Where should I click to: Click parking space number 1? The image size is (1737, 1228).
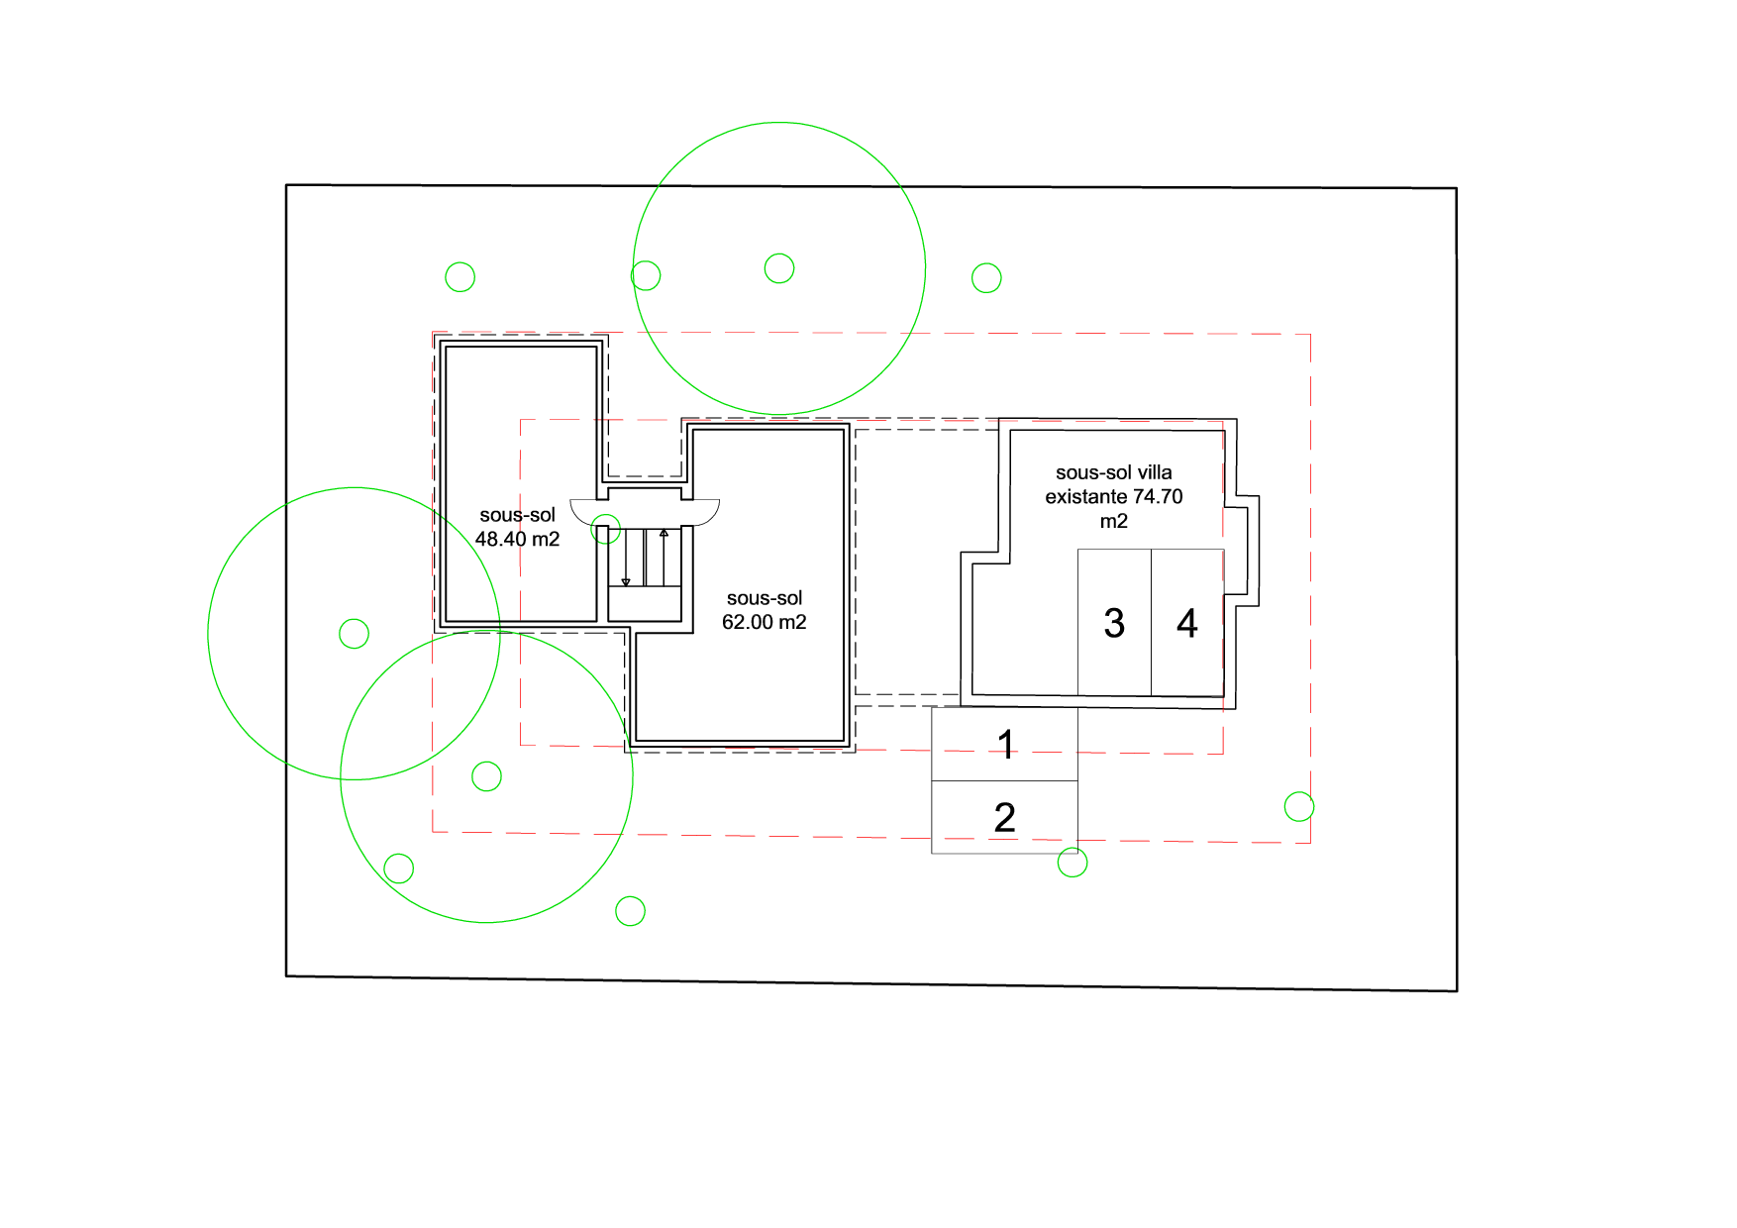[x=1006, y=744]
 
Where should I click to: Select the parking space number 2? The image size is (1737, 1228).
[x=1004, y=817]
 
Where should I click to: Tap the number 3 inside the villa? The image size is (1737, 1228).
[x=1114, y=623]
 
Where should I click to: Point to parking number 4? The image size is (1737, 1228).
[x=1187, y=623]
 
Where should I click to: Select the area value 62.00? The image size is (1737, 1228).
[x=748, y=622]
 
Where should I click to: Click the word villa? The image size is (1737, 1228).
[x=1151, y=472]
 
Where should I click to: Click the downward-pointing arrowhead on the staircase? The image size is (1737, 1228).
[x=626, y=582]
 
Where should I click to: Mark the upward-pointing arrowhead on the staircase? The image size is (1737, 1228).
[x=664, y=533]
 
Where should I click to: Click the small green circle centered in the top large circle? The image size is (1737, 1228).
[x=779, y=268]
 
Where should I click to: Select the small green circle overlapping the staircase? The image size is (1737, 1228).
[x=606, y=529]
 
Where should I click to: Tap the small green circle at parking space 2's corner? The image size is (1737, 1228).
[x=1073, y=863]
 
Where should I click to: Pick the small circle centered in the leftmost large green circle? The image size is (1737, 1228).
[x=354, y=633]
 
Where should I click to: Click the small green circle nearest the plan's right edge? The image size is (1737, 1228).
[x=1299, y=807]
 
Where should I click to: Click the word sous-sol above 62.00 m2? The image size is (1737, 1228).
[x=765, y=598]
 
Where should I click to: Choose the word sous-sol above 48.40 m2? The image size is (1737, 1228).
[x=517, y=515]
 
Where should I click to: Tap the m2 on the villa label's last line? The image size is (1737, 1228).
[x=1114, y=521]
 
